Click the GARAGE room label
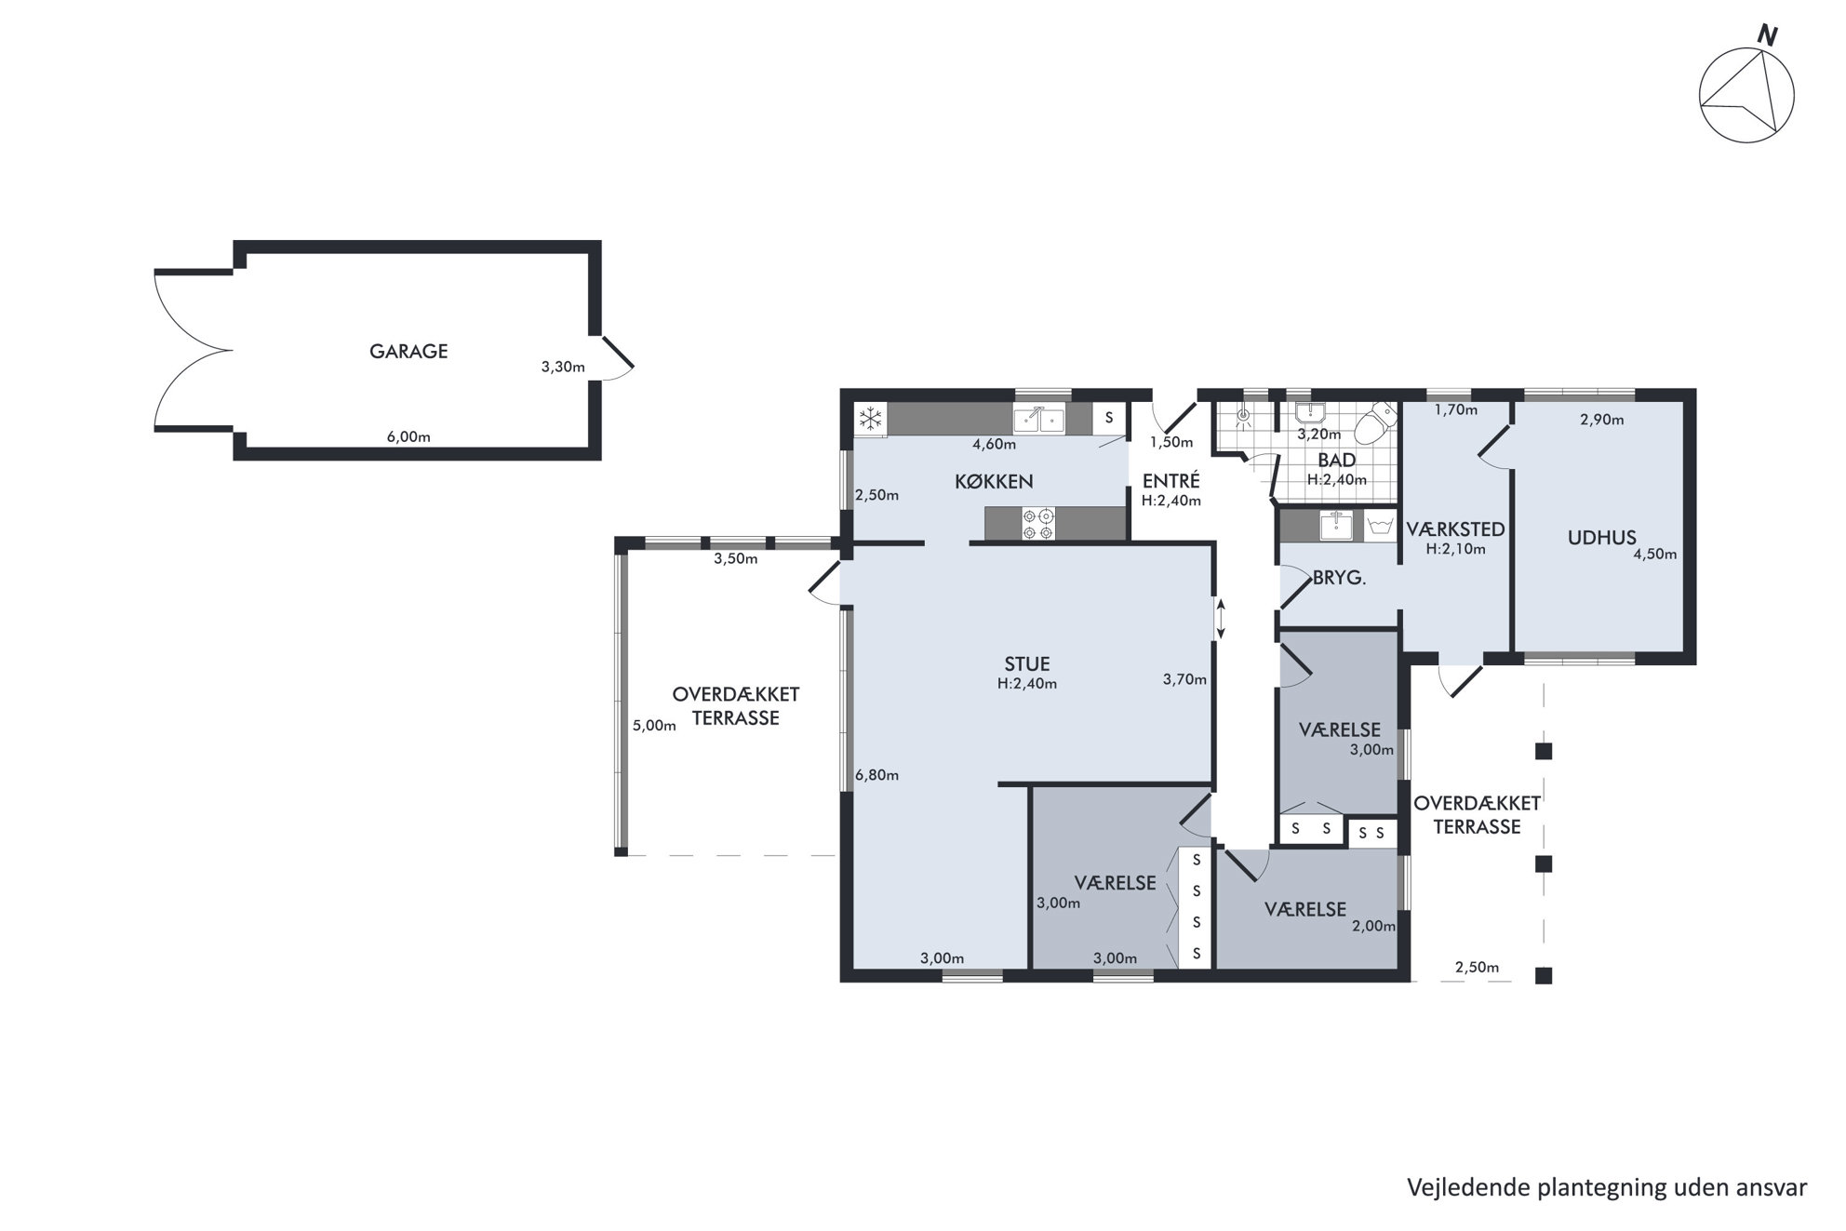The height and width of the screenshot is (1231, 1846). (408, 351)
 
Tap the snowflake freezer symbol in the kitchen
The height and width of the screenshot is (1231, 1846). (870, 420)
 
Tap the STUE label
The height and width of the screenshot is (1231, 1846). (1026, 663)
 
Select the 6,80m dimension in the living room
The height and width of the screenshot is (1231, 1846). (876, 775)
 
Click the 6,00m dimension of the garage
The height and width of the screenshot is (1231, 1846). (408, 436)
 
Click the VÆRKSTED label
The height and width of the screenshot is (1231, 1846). (1455, 529)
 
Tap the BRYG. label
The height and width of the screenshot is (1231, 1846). (1339, 577)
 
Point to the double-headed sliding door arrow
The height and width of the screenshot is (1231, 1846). (1221, 619)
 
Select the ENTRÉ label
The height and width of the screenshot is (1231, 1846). (1170, 481)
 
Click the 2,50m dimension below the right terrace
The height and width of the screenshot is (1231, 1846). (1477, 968)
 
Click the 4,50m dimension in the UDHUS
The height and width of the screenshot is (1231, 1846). (1655, 555)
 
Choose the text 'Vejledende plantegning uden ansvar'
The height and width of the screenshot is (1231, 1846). (1607, 1188)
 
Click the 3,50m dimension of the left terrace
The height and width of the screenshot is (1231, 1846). (735, 559)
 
